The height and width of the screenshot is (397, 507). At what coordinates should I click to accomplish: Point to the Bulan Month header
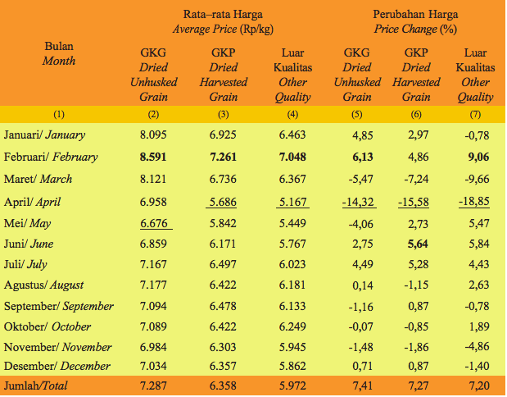coord(59,53)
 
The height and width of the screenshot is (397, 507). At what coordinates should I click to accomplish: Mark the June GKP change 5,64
coord(414,244)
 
